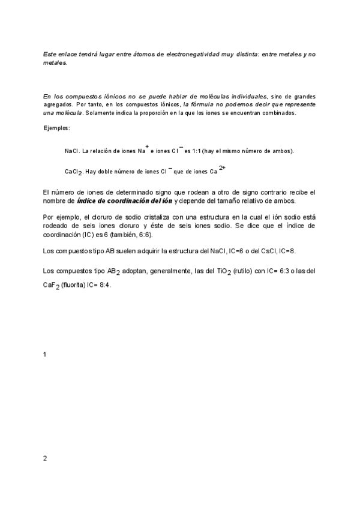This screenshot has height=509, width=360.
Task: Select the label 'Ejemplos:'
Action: [56, 128]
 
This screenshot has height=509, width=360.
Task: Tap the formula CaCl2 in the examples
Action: [74, 172]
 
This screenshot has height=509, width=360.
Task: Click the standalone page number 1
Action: [45, 355]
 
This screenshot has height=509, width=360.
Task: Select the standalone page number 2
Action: [45, 459]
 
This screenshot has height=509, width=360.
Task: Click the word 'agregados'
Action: [59, 104]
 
